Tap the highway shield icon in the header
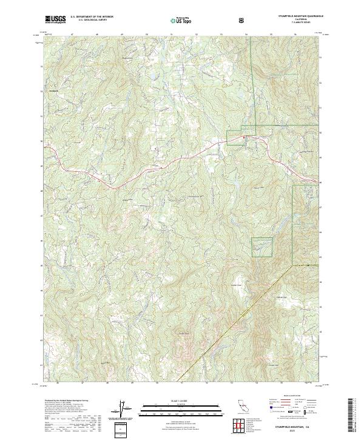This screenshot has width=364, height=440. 242,20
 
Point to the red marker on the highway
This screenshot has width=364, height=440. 244,138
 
